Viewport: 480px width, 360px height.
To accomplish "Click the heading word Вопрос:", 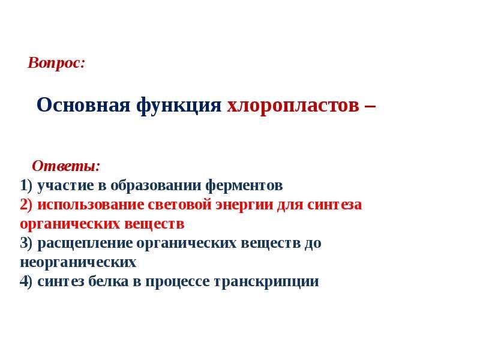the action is tap(56, 63).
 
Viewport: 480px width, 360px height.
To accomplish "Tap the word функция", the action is tap(179, 106).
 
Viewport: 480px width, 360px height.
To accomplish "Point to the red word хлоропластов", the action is tap(293, 106).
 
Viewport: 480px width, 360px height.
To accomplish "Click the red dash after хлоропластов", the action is tap(370, 107).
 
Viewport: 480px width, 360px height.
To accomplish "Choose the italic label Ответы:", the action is tap(66, 166).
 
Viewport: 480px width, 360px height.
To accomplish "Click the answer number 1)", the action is tap(26, 185).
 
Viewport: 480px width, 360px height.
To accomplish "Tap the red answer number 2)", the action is tap(26, 205).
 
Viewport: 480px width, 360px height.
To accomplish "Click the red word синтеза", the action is tap(335, 205).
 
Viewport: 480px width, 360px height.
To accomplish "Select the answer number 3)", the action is tap(26, 244).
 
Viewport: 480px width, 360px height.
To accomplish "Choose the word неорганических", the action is tap(78, 263).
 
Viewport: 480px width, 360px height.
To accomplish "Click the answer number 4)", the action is tap(26, 281).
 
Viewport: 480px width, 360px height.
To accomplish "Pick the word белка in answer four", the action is tap(109, 281).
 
